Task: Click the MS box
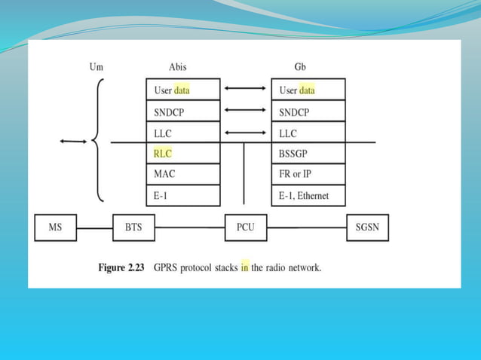55,227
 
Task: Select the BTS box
133,227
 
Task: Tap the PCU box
246,227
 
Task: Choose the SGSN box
368,227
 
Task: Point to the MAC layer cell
182,175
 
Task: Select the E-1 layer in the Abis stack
182,196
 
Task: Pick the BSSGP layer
308,154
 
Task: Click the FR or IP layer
308,175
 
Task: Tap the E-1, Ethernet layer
308,196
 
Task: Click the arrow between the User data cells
246,89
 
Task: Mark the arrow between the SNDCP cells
246,111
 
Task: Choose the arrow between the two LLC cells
246,133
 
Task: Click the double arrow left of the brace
73,141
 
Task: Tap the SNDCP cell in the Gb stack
308,111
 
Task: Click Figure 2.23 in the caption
124,267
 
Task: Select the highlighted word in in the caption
244,267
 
